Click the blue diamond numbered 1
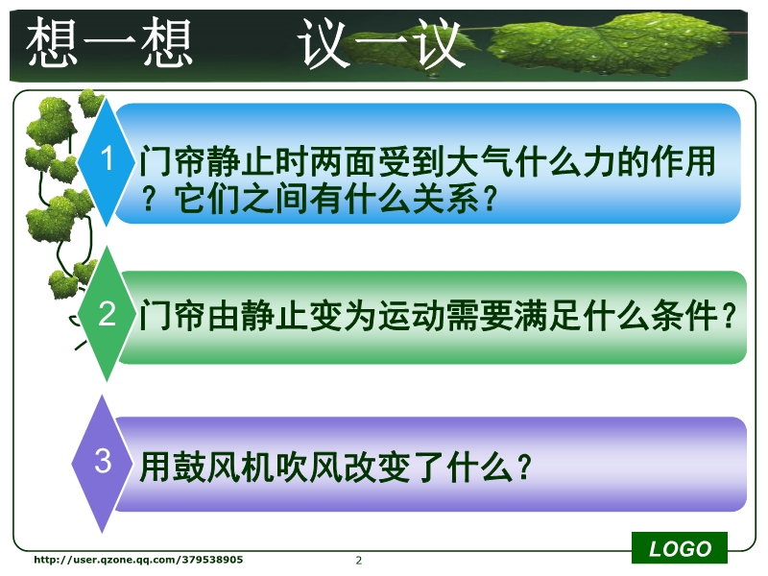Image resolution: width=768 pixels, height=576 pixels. point(107,161)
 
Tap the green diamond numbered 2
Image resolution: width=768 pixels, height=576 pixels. point(107,314)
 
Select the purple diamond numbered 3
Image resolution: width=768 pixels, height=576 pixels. point(103,463)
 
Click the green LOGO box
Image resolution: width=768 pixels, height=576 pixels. point(680,548)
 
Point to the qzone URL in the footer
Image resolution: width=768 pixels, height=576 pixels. point(138,560)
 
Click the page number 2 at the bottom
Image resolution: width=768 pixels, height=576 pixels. point(359,561)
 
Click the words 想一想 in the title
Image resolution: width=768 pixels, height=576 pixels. point(108,42)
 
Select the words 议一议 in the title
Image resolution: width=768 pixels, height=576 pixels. point(381,43)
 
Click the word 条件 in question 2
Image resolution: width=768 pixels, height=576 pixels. point(684,315)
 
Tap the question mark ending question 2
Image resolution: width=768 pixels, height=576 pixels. point(729,315)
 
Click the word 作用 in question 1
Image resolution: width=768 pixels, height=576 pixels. point(684,161)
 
